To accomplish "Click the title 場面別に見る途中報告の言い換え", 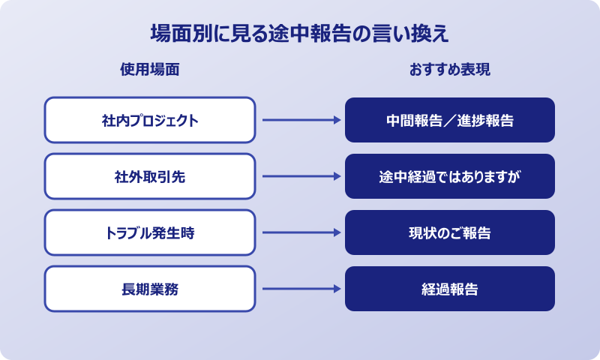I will point(300,34).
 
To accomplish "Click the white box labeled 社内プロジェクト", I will point(150,120).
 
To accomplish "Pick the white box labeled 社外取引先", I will point(150,176).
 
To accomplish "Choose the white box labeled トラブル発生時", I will point(150,232).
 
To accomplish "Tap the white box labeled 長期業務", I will point(150,289).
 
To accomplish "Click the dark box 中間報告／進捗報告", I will point(450,120).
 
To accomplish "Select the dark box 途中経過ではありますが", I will point(450,176).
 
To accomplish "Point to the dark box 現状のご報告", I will point(450,232).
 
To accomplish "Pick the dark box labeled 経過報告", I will point(450,289).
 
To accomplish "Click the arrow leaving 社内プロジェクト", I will point(300,120).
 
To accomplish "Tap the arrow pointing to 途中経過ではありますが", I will point(300,176).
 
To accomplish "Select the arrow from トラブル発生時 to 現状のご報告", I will point(300,232).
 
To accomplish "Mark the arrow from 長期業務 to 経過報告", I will point(300,289).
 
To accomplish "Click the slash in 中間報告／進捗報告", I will point(450,120).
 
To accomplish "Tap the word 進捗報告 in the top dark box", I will point(487,120).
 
